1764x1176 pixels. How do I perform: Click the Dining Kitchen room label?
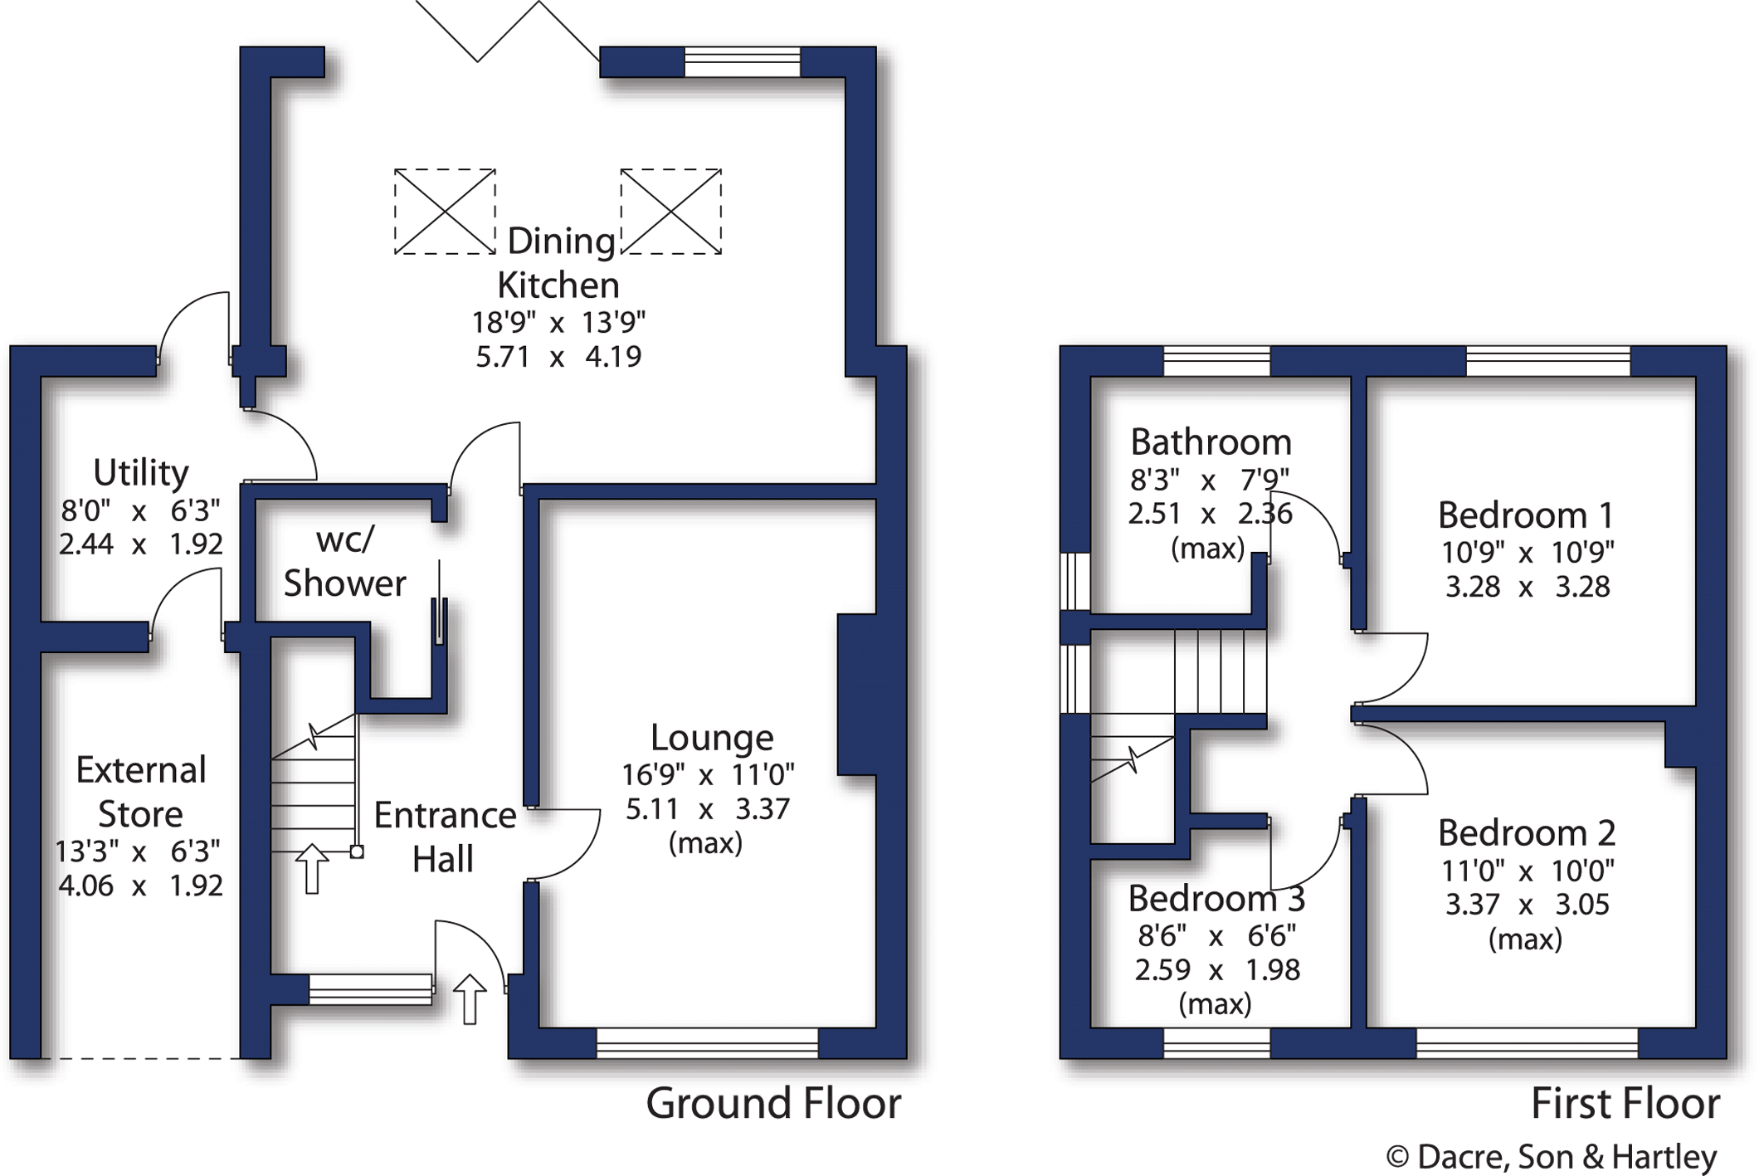tap(559, 263)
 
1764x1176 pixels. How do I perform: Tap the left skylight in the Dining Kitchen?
tap(445, 212)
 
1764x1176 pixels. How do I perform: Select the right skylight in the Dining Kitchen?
tap(670, 212)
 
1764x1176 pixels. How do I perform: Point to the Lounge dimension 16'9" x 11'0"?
tap(708, 775)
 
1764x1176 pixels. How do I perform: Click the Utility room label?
tap(140, 473)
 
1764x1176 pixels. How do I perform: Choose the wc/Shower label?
tap(345, 562)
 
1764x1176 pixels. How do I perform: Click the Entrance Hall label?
tap(445, 837)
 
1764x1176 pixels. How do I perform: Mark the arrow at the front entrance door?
tap(470, 999)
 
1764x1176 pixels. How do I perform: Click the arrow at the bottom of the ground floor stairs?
tap(312, 869)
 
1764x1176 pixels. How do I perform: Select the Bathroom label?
tap(1211, 442)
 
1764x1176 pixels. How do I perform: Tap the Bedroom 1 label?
tap(1526, 515)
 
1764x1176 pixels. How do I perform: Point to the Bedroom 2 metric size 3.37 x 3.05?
tap(1527, 905)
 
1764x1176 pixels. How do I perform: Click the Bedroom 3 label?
tap(1216, 899)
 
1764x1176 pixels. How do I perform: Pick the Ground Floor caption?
tap(773, 1104)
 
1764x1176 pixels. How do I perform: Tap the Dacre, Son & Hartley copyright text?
tap(1552, 1157)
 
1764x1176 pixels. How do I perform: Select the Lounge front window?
tap(708, 1043)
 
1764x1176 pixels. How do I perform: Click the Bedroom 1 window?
tap(1548, 361)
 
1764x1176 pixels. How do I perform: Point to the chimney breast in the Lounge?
tap(857, 695)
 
